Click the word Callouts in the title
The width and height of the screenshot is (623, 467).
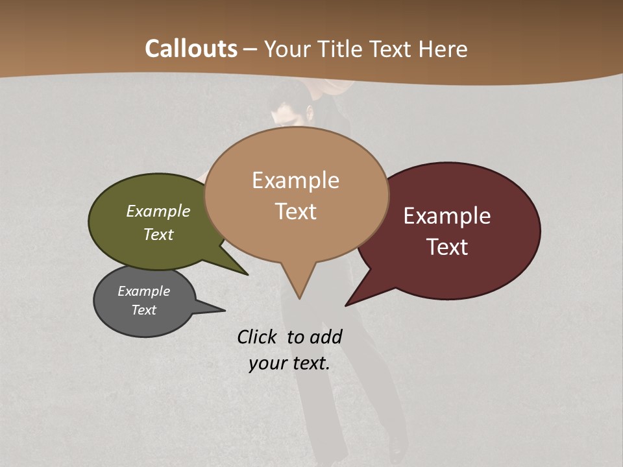(191, 49)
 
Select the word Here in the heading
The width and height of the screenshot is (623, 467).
(444, 49)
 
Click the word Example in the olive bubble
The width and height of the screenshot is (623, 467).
(158, 211)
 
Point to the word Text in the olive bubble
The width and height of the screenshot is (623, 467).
(158, 234)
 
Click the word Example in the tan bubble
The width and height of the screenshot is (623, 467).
(295, 180)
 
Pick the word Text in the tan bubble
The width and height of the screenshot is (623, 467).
(295, 211)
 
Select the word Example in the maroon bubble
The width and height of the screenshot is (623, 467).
(447, 216)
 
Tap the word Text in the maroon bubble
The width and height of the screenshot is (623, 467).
(447, 247)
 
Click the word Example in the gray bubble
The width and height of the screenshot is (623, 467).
(143, 291)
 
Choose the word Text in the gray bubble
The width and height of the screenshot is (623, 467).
(143, 310)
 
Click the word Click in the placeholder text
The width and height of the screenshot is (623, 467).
(258, 337)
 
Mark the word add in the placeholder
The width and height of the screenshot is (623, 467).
(326, 337)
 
